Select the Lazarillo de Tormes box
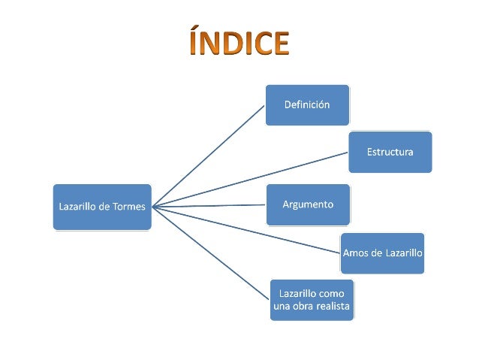point(102,207)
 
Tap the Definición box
point(307,105)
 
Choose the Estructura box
point(390,152)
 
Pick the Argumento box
point(308,204)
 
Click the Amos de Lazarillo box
point(382,253)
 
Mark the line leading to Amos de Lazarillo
point(248,229)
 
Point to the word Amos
point(356,253)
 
